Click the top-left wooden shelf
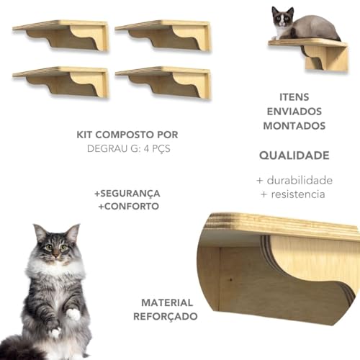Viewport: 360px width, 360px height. (61, 35)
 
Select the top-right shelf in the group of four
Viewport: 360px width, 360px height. (163, 35)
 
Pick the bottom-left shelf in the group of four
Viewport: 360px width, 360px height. (61, 81)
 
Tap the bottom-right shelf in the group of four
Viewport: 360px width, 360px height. (163, 81)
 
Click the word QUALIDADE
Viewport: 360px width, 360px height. (294, 155)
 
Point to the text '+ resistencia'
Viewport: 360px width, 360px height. (294, 194)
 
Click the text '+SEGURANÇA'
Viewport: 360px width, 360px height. (127, 194)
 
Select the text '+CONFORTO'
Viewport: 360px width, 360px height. (127, 207)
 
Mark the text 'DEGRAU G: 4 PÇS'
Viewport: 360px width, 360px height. (127, 149)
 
